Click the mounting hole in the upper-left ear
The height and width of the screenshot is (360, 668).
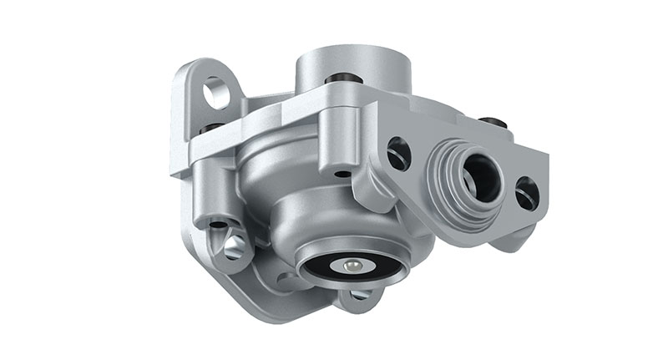pos(215,93)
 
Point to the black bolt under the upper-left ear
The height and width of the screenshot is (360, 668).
pos(212,128)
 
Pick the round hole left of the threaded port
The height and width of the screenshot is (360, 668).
pos(399,154)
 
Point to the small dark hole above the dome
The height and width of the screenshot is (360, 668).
pos(343,175)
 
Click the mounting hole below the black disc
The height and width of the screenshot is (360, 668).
pos(361,295)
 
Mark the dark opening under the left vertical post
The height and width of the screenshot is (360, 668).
pos(218,224)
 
